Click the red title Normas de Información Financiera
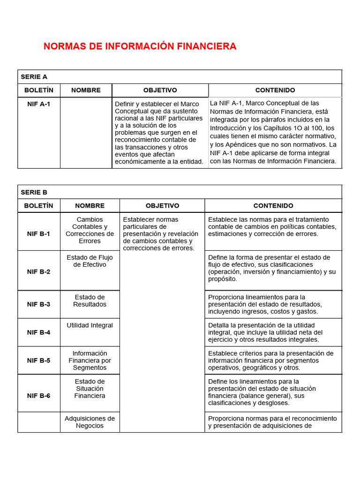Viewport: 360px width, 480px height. pos(140,46)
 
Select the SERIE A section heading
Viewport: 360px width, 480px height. pos(34,77)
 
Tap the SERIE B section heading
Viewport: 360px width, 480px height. pos(34,192)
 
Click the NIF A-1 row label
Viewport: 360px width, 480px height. pos(39,104)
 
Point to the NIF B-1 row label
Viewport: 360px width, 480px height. pos(39,233)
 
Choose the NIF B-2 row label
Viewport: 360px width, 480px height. pos(39,271)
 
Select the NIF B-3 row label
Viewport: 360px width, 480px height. pos(39,304)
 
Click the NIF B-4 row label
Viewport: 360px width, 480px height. pos(39,332)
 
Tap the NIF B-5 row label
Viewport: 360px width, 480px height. pos(39,360)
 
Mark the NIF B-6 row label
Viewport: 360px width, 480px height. pos(39,396)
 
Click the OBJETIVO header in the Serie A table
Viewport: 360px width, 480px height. pos(160,90)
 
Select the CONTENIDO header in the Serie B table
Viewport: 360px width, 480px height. pos(273,205)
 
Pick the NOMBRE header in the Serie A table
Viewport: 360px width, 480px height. pos(86,90)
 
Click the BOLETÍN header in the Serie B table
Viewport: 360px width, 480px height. pos(39,205)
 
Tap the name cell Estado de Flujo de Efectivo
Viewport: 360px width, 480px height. pos(90,261)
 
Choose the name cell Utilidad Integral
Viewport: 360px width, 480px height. pos(90,325)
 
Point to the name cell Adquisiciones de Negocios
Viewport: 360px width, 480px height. pos(90,422)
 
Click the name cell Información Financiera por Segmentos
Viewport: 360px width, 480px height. pos(90,360)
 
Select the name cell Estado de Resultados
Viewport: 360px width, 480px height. pos(90,300)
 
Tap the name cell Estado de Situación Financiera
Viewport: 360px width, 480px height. pos(90,389)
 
